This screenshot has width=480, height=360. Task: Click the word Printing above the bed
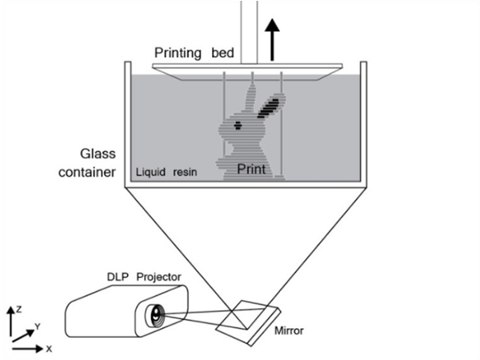[178, 54]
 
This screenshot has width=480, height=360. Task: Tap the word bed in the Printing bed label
[223, 53]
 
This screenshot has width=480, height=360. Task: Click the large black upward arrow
[272, 40]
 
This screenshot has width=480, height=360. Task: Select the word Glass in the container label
[98, 154]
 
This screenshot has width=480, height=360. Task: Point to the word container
[87, 172]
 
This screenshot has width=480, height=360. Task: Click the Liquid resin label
[166, 172]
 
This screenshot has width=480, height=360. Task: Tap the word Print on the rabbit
[251, 169]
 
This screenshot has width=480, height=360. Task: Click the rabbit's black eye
[238, 125]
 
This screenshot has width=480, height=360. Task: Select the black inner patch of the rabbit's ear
[269, 108]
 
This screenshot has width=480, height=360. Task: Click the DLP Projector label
[144, 277]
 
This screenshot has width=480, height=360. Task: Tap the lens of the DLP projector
[156, 315]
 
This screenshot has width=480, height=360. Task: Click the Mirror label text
[289, 330]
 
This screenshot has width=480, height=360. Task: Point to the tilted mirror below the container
[248, 323]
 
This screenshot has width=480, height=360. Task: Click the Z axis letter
[19, 310]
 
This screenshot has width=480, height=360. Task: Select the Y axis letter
[38, 326]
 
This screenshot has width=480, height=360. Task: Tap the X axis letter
[49, 349]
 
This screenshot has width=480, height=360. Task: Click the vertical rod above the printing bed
[249, 32]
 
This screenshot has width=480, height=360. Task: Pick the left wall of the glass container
[128, 124]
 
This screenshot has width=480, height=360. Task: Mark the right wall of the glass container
[363, 124]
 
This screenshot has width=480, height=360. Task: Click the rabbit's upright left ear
[250, 98]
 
